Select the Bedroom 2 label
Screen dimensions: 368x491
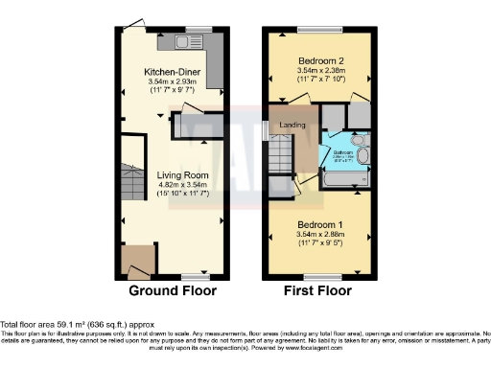316,59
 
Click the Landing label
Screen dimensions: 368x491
292,126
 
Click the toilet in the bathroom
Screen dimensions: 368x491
358,140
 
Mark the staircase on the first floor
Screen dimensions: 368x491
280,154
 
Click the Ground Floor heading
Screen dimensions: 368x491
172,291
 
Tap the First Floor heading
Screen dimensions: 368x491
316,291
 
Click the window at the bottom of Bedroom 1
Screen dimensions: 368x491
316,277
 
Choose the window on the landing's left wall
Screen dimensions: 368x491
266,129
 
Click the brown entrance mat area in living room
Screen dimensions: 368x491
139,260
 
